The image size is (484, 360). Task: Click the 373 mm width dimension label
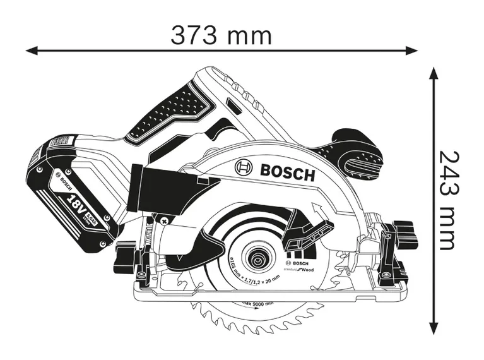click(x=221, y=35)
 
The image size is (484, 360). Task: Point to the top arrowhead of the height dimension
click(x=434, y=73)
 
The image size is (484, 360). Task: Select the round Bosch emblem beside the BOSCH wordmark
click(x=244, y=167)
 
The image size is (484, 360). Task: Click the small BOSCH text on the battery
click(x=64, y=183)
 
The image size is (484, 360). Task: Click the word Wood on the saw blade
click(x=307, y=270)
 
